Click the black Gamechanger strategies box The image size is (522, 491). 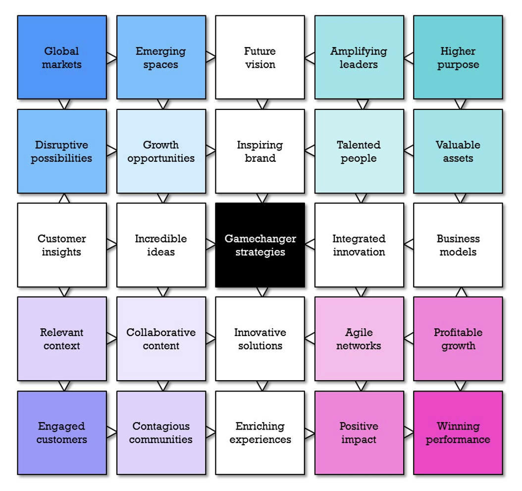tap(260, 245)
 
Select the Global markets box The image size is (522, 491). tap(62, 57)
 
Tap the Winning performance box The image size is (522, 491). tap(458, 433)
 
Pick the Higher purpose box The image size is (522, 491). tap(458, 57)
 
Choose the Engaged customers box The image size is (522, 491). tap(62, 433)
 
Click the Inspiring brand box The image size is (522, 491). tap(260, 151)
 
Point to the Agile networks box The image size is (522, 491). tap(359, 339)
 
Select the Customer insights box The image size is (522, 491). tap(62, 245)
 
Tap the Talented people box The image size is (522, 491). tap(359, 151)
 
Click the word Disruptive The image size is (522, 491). tap(62, 145)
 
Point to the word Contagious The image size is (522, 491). tap(161, 426)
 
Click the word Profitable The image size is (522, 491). tap(458, 332)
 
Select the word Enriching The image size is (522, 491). tap(260, 426)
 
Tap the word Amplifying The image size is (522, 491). tap(359, 51)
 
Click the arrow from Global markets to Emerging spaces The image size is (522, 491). tap(112, 57)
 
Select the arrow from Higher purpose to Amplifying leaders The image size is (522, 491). tap(409, 57)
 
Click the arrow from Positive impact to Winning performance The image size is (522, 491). tap(409, 433)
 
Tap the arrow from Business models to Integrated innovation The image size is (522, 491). tap(409, 245)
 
